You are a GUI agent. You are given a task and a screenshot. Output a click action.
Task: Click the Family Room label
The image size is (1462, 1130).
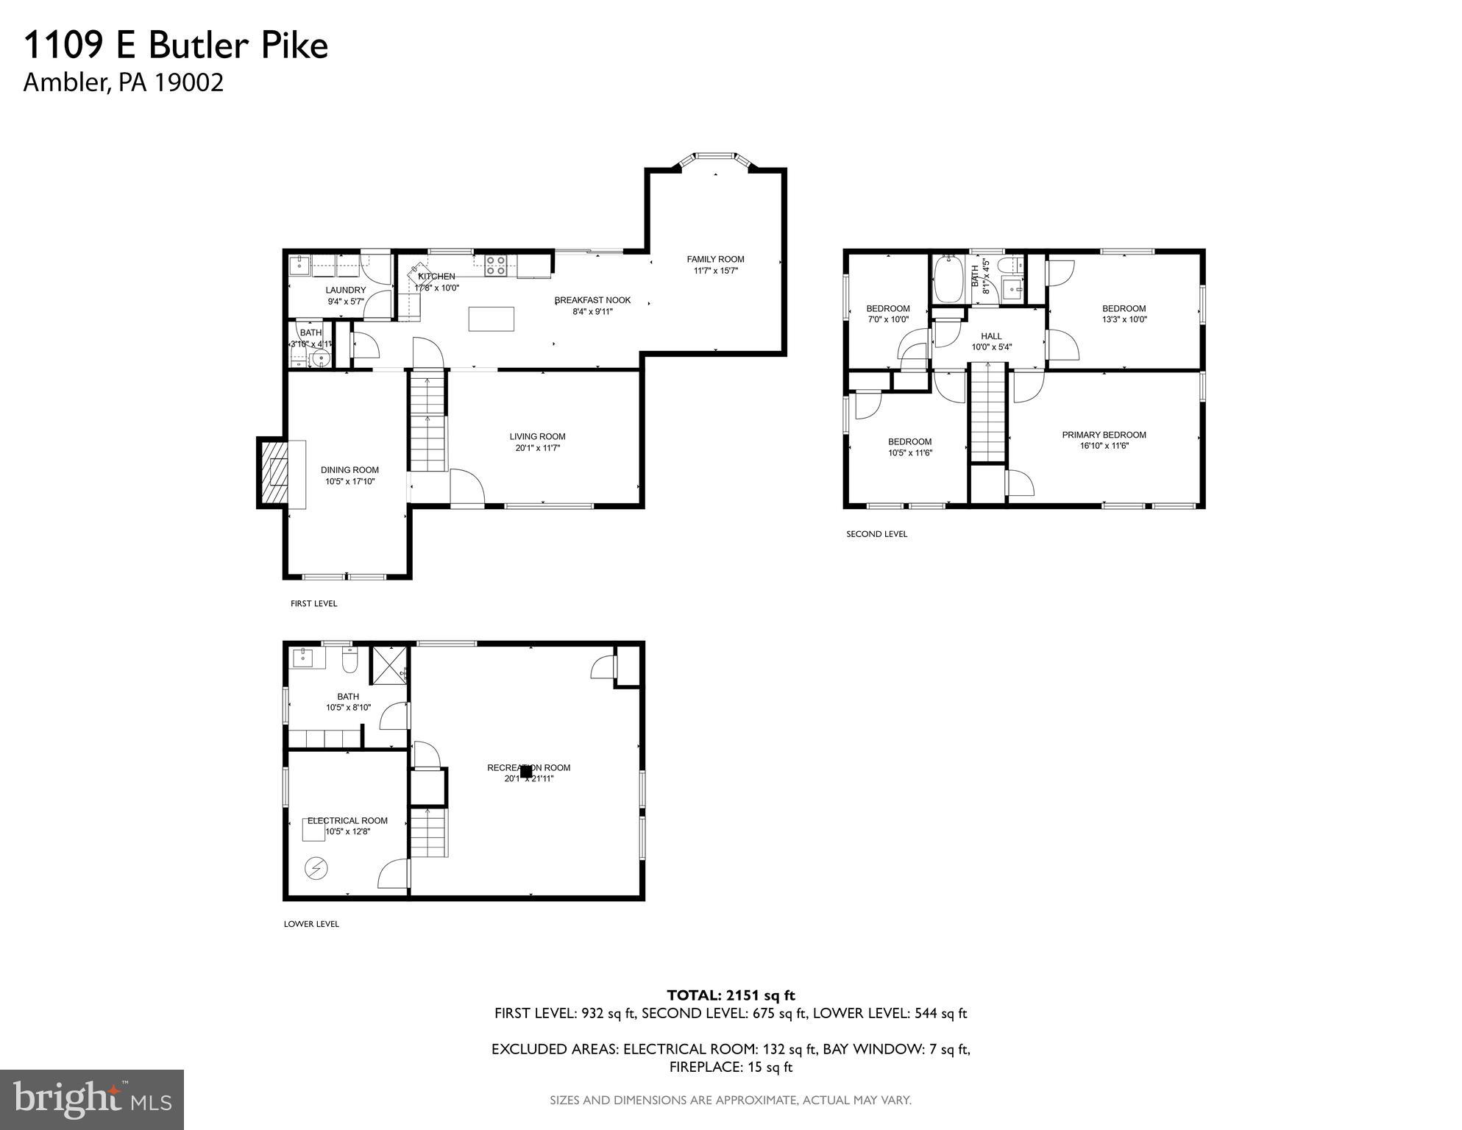[x=715, y=259]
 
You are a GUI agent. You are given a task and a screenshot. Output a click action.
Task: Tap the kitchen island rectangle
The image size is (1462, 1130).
[x=491, y=319]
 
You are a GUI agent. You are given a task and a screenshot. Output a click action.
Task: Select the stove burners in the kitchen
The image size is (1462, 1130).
[x=495, y=265]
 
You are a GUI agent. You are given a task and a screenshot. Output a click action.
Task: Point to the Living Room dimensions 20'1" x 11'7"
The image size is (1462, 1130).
[x=537, y=448]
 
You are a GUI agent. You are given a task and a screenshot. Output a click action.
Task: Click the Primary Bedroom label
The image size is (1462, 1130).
[x=1104, y=435]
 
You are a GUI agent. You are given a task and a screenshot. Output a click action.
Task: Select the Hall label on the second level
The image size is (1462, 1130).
[x=991, y=336]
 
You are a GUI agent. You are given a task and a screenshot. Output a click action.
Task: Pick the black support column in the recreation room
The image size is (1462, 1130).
[x=526, y=772]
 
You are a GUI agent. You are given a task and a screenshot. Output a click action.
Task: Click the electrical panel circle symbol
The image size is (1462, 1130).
[x=317, y=869]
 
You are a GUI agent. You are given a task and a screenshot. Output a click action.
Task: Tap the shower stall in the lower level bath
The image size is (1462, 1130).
[x=388, y=664]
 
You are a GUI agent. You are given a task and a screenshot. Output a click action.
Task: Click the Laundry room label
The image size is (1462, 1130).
[x=345, y=290]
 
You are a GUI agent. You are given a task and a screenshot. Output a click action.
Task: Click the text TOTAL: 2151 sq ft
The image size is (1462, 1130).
[x=731, y=995]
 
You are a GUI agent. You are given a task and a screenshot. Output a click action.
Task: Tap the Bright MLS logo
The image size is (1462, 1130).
[x=91, y=1099]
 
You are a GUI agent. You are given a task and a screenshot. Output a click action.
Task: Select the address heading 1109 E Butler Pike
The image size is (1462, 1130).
[x=176, y=46]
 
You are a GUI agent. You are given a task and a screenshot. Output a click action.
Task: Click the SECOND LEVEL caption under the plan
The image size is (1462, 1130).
[x=876, y=534]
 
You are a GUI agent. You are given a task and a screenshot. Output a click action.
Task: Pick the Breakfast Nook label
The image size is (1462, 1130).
[x=592, y=300]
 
